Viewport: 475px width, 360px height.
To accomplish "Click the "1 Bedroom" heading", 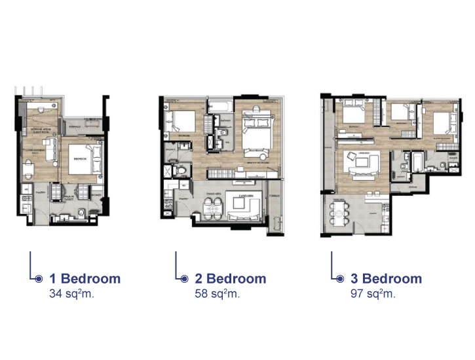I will [x=85, y=279].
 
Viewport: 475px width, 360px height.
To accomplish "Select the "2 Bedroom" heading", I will [x=231, y=279].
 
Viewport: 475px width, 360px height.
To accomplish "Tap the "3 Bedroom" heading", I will [x=387, y=279].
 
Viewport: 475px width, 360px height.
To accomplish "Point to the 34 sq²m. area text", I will [x=72, y=293].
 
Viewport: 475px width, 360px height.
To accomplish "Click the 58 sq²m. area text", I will [x=218, y=293].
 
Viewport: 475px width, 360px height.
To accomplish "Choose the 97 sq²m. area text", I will [x=373, y=293].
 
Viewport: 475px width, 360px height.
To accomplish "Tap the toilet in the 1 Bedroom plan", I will [x=79, y=211].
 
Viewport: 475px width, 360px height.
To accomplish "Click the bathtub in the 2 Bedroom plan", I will [x=219, y=106].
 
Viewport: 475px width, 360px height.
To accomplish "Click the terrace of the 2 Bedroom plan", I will [x=275, y=209].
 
